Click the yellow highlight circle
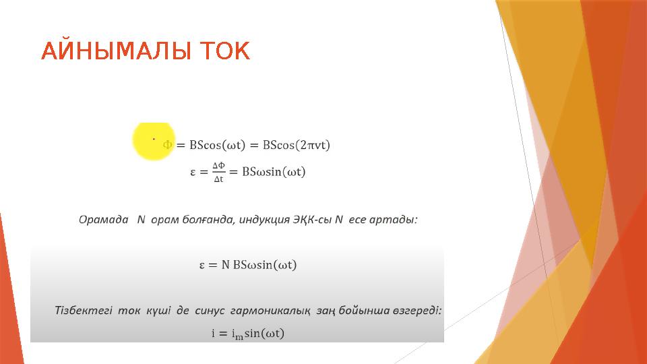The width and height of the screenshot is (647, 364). tap(153, 140)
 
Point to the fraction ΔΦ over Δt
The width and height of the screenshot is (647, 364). tap(218, 172)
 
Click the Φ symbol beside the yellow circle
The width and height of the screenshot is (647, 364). tap(168, 145)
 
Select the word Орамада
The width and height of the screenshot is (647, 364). tap(103, 220)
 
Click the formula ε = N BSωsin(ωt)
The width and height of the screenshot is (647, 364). tap(247, 265)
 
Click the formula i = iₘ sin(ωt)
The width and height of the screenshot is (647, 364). tap(248, 334)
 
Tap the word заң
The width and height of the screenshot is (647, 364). tap(326, 311)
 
